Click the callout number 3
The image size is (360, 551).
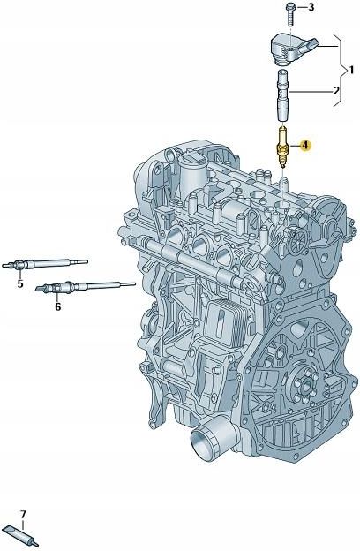click(311, 7)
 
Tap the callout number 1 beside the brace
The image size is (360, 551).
click(351, 71)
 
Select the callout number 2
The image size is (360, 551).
click(336, 91)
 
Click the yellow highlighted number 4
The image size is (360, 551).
click(305, 145)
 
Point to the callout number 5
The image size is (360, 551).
click(20, 283)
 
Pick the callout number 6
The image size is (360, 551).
click(57, 306)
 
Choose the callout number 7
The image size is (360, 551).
click(23, 515)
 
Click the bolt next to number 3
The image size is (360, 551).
click(291, 14)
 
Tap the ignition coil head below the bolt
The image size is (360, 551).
click(291, 49)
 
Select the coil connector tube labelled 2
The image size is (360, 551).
click(282, 95)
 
